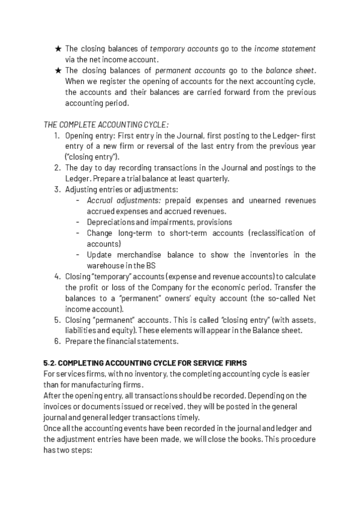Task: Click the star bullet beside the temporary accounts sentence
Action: pos(58,49)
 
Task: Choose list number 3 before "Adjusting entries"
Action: pos(56,190)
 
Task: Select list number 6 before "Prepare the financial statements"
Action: pos(56,341)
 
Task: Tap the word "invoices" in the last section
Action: pos(59,406)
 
